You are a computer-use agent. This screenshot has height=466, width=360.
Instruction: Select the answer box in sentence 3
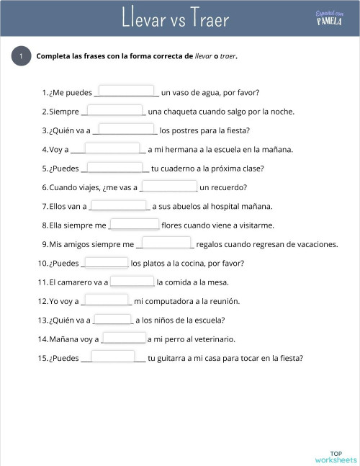coord(127,129)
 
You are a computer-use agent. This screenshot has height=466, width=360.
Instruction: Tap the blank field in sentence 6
coord(170,186)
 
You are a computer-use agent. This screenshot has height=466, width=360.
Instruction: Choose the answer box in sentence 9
coord(165,243)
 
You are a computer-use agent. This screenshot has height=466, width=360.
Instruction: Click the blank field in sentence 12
coord(107,300)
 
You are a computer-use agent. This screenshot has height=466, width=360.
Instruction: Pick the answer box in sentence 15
coord(113,356)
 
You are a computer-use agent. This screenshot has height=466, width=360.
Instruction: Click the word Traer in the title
coord(210,19)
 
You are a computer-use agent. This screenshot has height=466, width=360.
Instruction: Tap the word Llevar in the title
coord(143,19)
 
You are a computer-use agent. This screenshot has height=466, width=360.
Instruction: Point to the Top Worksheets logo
coord(335,455)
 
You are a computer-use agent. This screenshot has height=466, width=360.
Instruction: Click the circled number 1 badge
coord(21,56)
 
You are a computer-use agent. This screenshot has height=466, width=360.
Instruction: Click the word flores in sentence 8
coord(172,225)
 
